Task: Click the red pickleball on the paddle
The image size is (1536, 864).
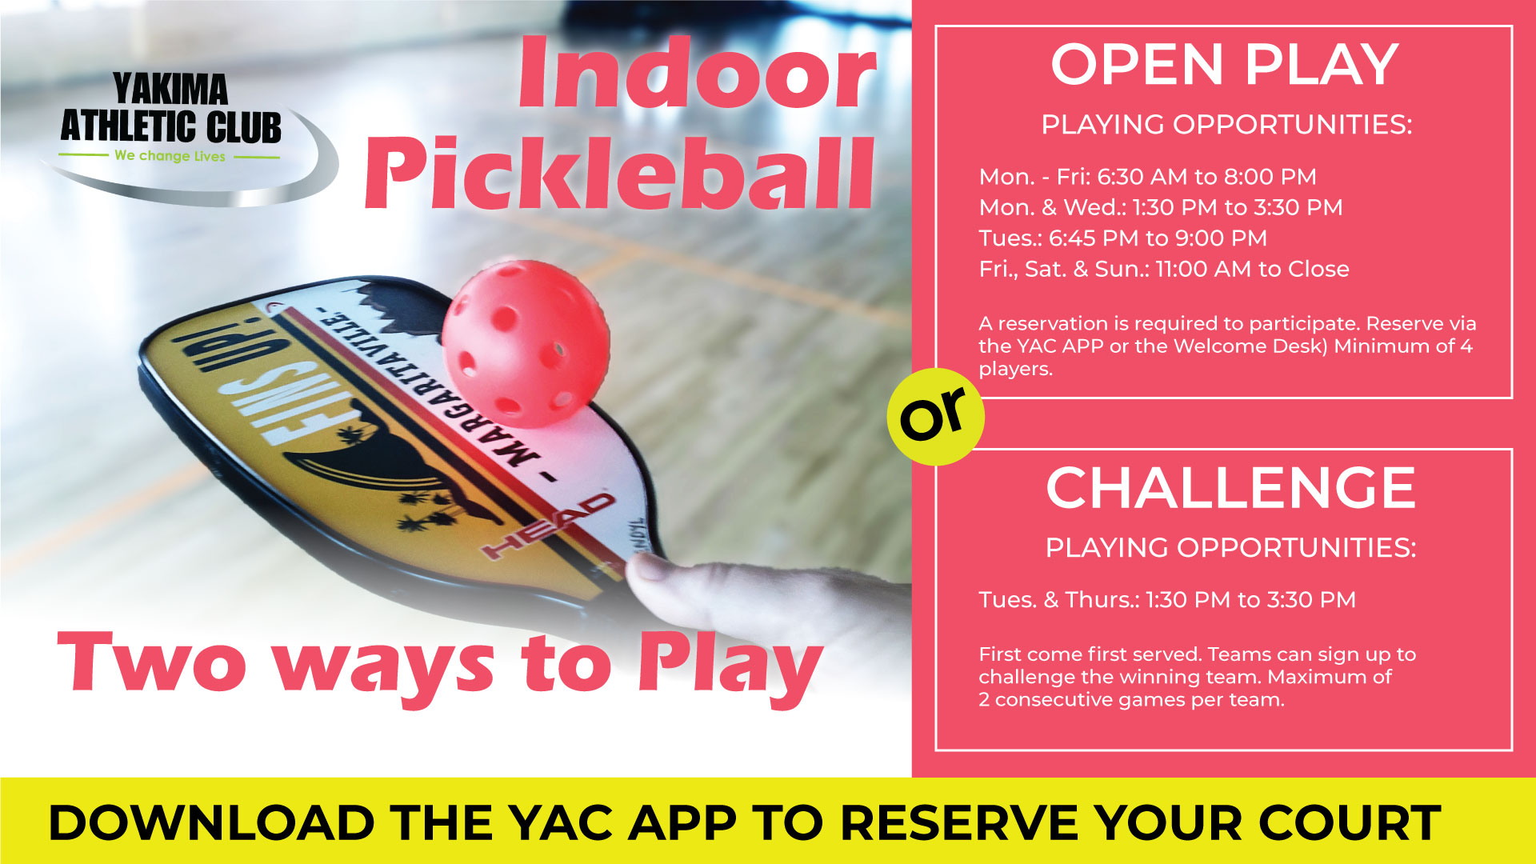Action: [x=526, y=344]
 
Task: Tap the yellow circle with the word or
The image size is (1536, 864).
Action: [x=935, y=417]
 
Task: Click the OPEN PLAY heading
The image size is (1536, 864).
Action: [x=1224, y=64]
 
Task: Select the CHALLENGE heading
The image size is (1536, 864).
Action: [x=1230, y=487]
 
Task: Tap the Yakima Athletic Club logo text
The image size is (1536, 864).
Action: [x=171, y=108]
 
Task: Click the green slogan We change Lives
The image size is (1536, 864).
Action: [x=170, y=156]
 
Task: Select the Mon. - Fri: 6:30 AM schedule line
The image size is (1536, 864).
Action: [x=1147, y=177]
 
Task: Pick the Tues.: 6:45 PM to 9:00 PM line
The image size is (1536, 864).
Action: [x=1122, y=238]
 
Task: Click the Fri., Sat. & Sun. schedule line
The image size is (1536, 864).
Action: [x=1164, y=270]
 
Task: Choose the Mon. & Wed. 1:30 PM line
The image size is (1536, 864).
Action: [x=1160, y=208]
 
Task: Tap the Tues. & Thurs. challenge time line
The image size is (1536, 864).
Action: [x=1167, y=600]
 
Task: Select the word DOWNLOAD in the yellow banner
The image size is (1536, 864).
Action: [x=211, y=822]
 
